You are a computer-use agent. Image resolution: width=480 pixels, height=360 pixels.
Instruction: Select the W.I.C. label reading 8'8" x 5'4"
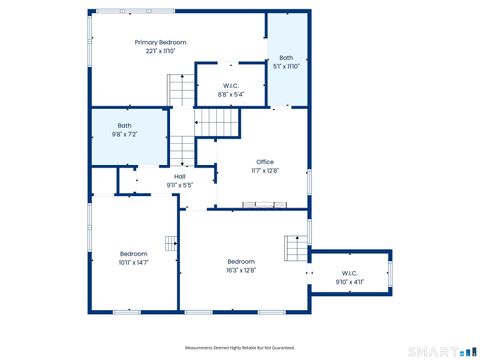coord(230,85)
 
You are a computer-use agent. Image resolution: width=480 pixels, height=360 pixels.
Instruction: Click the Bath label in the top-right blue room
coord(286,58)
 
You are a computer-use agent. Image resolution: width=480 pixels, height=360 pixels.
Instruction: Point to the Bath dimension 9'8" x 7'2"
coord(125,133)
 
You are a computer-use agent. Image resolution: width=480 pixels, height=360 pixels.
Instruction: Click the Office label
coord(264,162)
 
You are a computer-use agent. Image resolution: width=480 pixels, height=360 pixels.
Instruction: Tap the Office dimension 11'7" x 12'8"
coord(264,171)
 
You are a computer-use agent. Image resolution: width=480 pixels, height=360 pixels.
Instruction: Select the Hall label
coord(180,176)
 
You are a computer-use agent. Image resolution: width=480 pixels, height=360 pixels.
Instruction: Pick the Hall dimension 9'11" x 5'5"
coord(180,185)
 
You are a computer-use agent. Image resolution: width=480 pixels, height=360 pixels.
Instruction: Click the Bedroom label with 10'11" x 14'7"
coord(134,254)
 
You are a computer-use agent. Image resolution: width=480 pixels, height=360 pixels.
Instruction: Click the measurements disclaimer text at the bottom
coord(240,348)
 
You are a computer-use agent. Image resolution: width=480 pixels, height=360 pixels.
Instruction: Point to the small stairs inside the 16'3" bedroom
coord(294,247)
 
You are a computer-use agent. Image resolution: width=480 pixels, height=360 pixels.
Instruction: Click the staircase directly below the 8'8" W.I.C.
coord(218,124)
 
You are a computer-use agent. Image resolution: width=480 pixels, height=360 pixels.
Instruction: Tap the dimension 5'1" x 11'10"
coord(286,67)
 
